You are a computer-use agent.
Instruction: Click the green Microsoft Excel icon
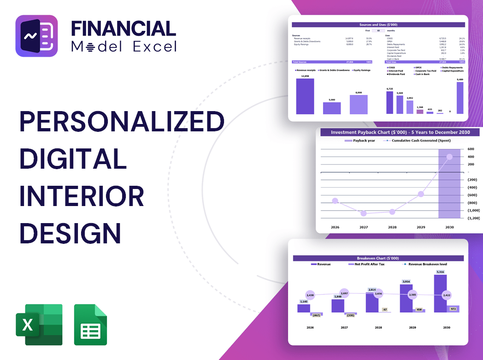39,325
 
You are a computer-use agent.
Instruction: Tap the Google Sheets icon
90,325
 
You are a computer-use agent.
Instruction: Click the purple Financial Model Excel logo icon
36,36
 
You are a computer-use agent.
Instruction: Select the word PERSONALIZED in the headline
122,123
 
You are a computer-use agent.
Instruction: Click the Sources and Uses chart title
378,24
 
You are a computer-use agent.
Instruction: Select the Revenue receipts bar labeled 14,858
305,96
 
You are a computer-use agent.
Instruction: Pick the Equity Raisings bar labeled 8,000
359,104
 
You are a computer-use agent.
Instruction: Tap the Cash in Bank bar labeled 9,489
459,98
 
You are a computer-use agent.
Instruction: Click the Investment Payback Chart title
401,132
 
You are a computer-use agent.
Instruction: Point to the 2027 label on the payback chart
364,227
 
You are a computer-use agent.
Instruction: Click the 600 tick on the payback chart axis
471,149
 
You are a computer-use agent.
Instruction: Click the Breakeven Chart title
378,258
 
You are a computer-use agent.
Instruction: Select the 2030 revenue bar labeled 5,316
440,293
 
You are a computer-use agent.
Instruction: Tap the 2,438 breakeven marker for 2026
310,295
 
